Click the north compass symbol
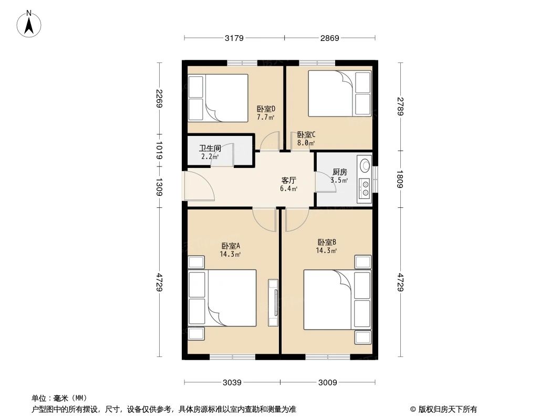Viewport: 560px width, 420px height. pos(29,24)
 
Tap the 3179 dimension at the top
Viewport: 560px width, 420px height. pos(234,38)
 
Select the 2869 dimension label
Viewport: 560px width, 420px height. pos(329,38)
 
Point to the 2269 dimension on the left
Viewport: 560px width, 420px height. pos(159,98)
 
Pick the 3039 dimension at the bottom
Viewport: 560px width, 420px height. pos(232,382)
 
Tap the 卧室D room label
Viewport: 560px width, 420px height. pos(266,109)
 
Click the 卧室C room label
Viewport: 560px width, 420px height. pos(306,134)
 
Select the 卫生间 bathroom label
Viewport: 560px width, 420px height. pos(210,149)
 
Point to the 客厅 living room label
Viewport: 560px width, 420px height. pos(289,180)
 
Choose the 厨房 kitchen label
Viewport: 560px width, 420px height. pos(339,172)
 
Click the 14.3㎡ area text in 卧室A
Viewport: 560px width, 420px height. pos(230,254)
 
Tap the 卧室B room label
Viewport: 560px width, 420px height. pos(326,242)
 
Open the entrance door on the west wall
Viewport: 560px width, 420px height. pos(199,186)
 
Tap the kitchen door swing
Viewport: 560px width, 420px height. pos(323,182)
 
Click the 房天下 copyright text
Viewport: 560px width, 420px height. pos(443,409)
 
